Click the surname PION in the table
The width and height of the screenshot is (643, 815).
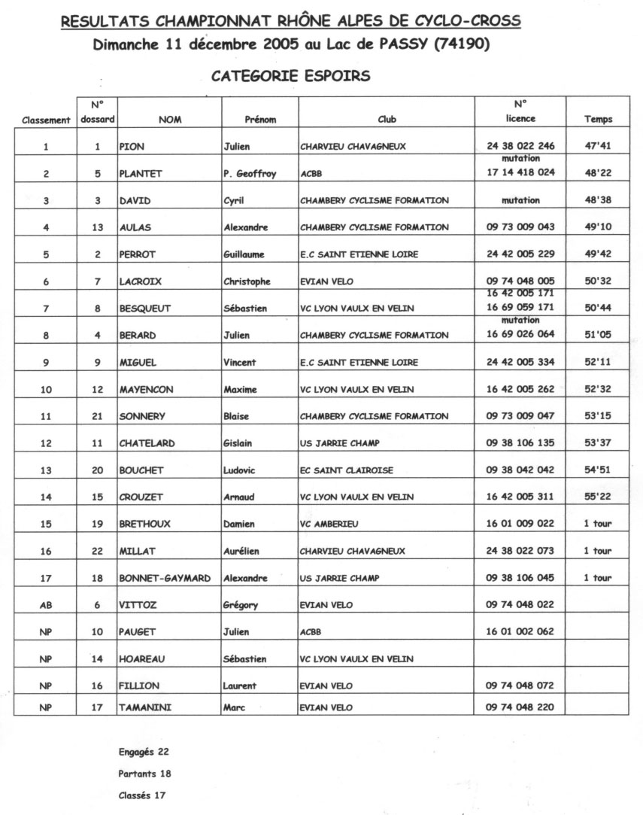point(132,147)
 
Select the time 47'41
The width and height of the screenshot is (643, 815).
point(598,147)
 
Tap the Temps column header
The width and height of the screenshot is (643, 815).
point(598,119)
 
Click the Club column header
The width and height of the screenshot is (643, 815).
point(387,119)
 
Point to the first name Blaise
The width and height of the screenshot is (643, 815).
point(238,416)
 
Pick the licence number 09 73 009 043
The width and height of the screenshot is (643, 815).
point(520,227)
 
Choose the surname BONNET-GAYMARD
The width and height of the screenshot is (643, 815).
point(164,578)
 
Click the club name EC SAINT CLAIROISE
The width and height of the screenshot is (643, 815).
point(346,470)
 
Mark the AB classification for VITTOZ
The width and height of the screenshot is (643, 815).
point(46,605)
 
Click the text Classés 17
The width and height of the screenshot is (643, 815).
point(142,795)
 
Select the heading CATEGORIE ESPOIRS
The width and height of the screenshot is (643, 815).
point(290,76)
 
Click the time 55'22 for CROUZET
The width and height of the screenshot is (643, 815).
point(598,497)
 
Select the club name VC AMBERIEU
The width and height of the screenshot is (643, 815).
point(332,524)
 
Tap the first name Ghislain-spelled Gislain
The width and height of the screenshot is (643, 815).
point(241,443)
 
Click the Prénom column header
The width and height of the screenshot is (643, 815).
point(260,119)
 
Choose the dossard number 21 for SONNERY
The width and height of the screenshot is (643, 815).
point(97,416)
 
